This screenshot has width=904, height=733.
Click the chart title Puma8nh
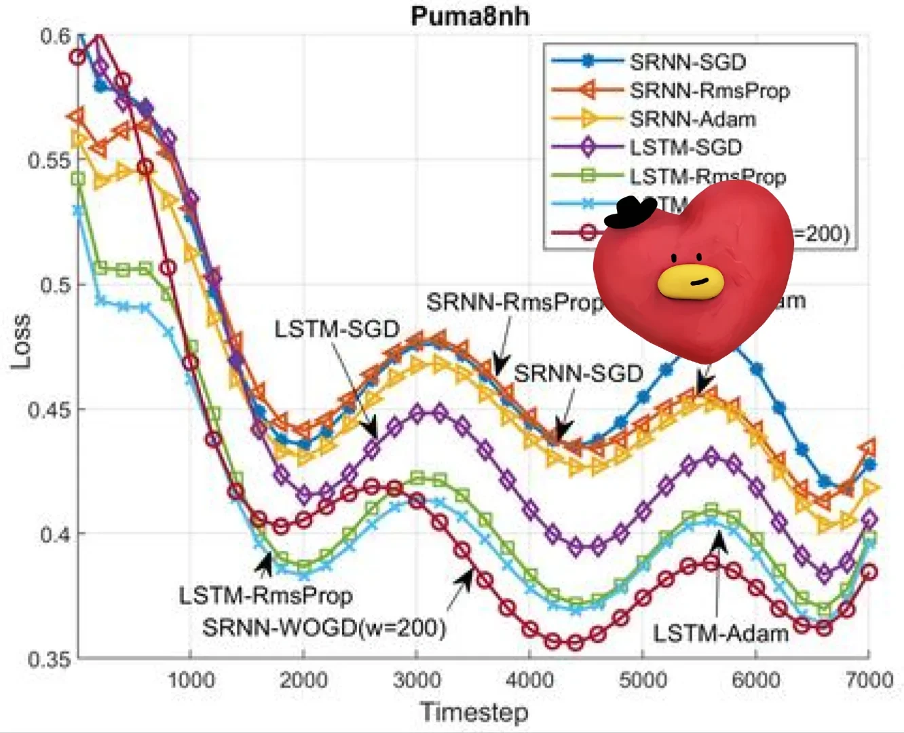(x=470, y=15)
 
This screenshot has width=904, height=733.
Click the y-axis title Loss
(x=20, y=341)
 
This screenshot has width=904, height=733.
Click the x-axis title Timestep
(x=473, y=712)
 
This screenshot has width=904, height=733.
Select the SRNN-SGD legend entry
(x=687, y=62)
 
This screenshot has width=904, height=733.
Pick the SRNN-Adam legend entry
(x=692, y=119)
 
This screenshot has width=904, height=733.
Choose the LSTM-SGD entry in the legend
(x=685, y=147)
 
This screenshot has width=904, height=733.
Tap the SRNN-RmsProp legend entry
(x=709, y=90)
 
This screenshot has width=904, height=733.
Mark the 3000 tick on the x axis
(x=416, y=679)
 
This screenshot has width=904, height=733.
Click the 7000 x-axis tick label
(x=868, y=679)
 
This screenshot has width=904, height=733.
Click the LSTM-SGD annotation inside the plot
(x=337, y=329)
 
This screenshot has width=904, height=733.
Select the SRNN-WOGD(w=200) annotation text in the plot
(x=324, y=627)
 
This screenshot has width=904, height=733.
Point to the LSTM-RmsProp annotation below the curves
(x=265, y=596)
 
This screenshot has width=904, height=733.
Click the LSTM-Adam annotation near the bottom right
(x=720, y=633)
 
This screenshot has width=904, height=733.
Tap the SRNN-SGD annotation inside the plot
(x=578, y=373)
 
